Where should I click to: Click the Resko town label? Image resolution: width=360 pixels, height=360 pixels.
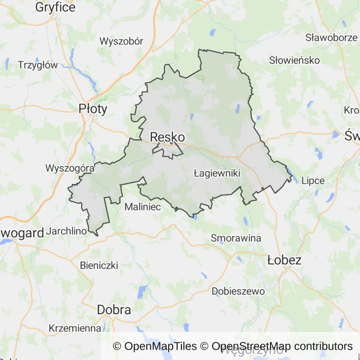pyautogui.click(x=167, y=137)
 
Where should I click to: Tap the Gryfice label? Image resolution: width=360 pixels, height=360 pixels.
pyautogui.click(x=55, y=7)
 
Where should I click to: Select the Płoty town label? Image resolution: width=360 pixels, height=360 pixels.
pyautogui.click(x=93, y=109)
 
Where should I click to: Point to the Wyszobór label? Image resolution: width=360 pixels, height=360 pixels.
pyautogui.click(x=121, y=41)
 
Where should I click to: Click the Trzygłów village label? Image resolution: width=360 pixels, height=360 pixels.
pyautogui.click(x=37, y=65)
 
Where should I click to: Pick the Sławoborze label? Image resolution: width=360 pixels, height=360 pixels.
pyautogui.click(x=331, y=37)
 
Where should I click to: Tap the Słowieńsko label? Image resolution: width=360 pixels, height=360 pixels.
pyautogui.click(x=294, y=60)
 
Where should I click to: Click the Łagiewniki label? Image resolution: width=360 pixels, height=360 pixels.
pyautogui.click(x=217, y=173)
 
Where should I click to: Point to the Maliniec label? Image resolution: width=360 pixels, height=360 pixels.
pyautogui.click(x=143, y=206)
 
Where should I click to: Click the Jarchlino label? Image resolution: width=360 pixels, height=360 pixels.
pyautogui.click(x=67, y=231)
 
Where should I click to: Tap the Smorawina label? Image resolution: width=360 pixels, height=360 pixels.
pyautogui.click(x=236, y=238)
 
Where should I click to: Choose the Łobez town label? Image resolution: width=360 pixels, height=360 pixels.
pyautogui.click(x=284, y=260)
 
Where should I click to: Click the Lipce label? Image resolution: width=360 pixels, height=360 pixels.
pyautogui.click(x=313, y=180)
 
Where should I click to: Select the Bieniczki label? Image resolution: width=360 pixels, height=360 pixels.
pyautogui.click(x=99, y=265)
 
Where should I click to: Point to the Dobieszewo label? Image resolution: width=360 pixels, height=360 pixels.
pyautogui.click(x=238, y=291)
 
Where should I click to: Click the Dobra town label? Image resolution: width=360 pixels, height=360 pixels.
pyautogui.click(x=114, y=310)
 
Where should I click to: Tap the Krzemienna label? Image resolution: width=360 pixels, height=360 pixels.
pyautogui.click(x=75, y=328)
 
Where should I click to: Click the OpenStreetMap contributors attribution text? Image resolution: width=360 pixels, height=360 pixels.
pyautogui.click(x=282, y=346)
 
